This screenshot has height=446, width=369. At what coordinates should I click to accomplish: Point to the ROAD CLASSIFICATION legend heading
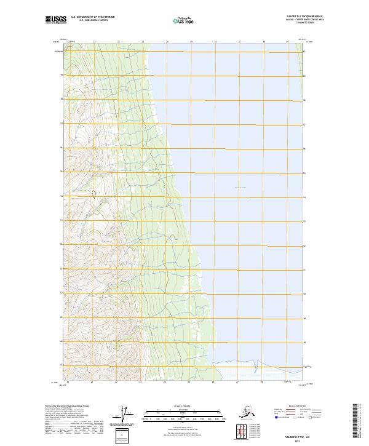point(295,407)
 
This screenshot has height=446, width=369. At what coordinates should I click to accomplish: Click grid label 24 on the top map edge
point(167,42)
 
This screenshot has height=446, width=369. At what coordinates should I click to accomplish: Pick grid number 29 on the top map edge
point(287,42)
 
